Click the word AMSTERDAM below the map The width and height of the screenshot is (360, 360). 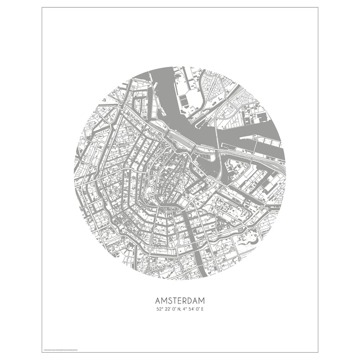tap(180, 300)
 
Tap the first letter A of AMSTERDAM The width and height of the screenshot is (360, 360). tap(158, 300)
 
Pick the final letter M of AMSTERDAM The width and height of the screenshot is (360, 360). tap(202, 300)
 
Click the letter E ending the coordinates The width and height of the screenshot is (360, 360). tap(203, 309)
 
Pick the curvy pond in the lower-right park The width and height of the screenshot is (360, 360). tap(252, 238)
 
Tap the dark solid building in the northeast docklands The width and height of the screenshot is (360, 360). tap(263, 118)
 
